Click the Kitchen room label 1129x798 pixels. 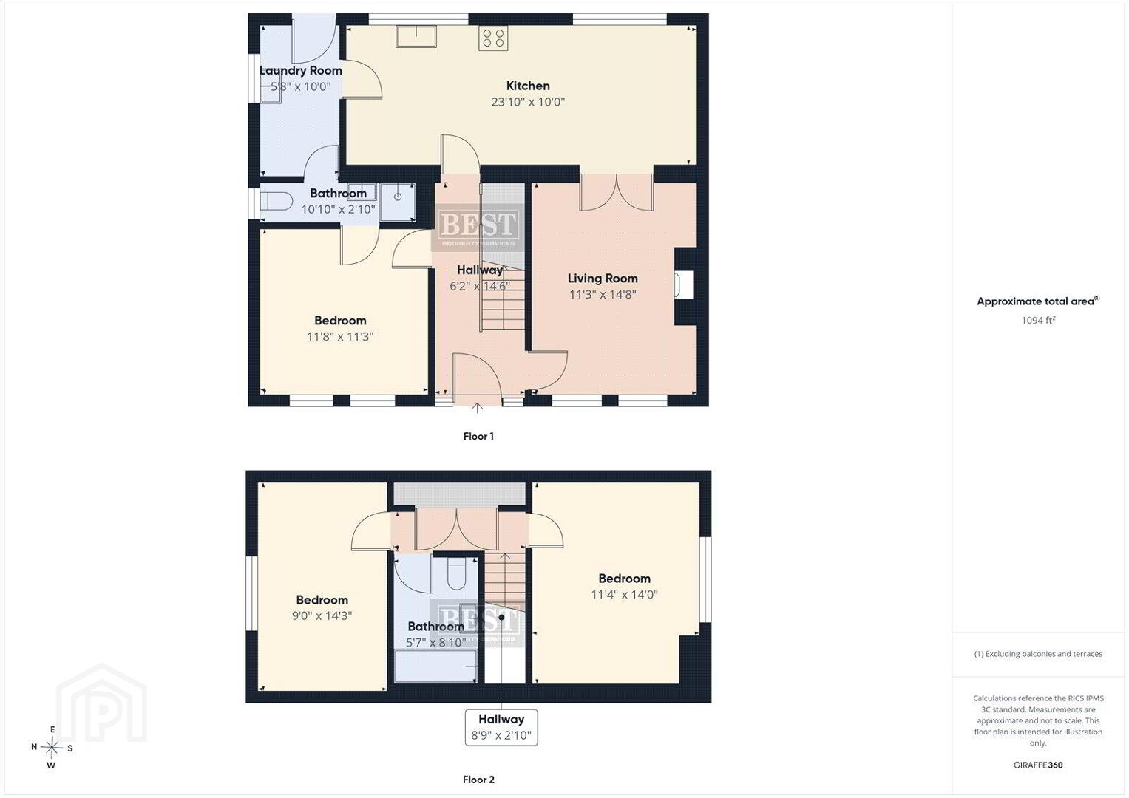528,86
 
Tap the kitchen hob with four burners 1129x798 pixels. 493,38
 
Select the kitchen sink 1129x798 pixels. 416,37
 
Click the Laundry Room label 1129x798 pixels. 301,70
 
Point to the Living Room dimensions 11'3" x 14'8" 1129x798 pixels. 603,294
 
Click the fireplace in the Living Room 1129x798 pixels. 685,285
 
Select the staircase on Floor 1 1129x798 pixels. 502,257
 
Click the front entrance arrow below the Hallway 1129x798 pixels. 477,408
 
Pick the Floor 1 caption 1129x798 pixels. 478,436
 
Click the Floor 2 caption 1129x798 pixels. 478,780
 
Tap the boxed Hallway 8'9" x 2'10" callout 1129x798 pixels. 501,728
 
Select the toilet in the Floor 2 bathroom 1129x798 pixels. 457,573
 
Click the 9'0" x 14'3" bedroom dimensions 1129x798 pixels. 322,615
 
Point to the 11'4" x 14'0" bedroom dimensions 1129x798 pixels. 624,595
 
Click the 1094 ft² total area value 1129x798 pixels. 1038,320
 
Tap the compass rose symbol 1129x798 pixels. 52,748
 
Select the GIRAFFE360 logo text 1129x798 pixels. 1038,765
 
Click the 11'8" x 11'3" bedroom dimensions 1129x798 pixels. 340,336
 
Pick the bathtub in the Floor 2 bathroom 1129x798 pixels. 435,666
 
